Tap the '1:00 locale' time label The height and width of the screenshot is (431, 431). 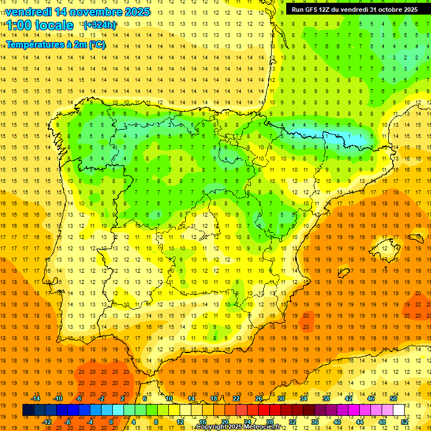(40, 25)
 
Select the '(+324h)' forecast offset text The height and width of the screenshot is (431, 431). (100, 25)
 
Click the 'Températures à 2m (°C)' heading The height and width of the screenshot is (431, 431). (56, 44)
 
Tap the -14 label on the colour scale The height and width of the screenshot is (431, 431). (36, 398)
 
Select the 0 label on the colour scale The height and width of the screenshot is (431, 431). (111, 422)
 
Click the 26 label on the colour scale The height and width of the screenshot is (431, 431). (259, 398)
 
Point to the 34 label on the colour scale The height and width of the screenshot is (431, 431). (304, 398)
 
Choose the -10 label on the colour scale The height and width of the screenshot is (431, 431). (58, 398)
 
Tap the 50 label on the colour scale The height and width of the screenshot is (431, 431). (393, 398)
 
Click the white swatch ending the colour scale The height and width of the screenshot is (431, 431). (399, 410)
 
